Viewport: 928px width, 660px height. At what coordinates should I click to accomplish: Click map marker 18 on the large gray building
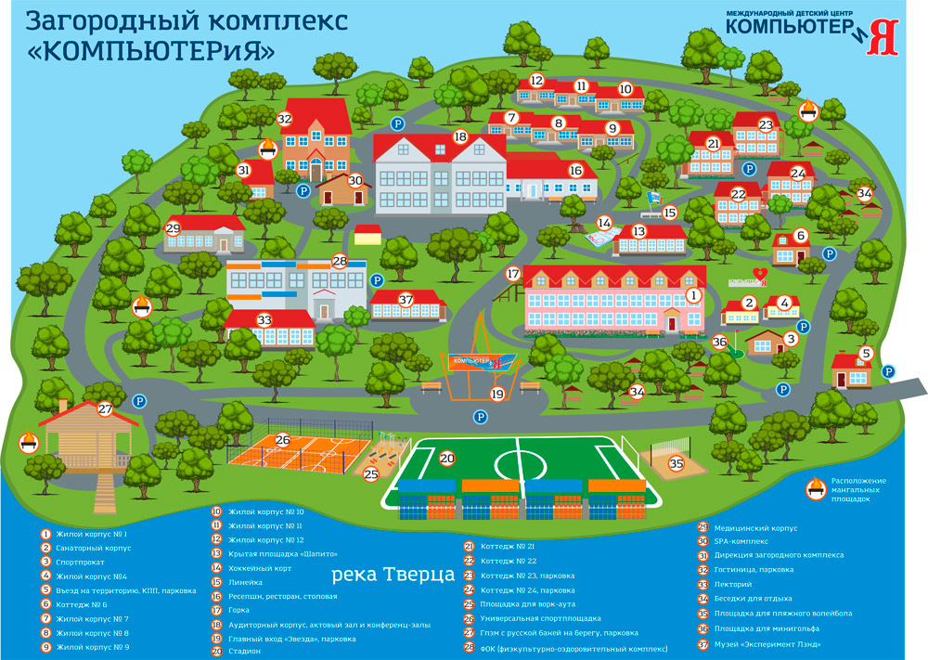(460, 136)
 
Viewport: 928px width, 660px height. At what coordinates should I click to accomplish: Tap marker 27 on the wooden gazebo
(105, 408)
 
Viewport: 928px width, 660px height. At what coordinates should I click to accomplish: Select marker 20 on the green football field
(447, 459)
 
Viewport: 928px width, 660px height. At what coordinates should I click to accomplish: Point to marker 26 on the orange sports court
(283, 441)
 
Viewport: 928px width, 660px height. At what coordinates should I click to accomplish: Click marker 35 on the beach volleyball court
(677, 463)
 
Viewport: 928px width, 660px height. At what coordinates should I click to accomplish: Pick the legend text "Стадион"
(244, 650)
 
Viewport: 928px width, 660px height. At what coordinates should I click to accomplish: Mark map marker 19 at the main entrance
(497, 395)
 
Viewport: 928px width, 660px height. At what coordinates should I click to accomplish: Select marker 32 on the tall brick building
(284, 119)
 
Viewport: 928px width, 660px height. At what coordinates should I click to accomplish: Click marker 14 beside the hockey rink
(604, 223)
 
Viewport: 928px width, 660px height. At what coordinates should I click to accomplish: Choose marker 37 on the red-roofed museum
(406, 299)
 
